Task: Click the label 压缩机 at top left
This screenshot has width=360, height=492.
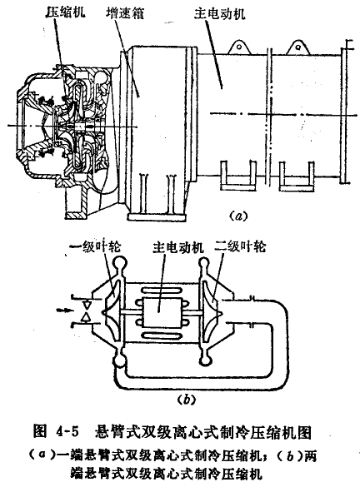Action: pos(65,12)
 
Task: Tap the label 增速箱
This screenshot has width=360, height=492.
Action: pos(125,12)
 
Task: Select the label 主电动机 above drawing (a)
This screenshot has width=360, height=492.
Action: pos(219,13)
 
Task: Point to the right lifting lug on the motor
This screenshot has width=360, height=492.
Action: pos(297,47)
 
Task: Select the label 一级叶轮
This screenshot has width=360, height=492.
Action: pos(96,246)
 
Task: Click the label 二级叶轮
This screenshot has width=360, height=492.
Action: pos(240,246)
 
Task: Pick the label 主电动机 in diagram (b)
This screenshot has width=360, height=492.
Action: pos(178,247)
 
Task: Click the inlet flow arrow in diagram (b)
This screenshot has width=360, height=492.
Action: pos(64,311)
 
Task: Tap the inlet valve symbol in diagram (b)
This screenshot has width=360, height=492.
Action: pos(85,311)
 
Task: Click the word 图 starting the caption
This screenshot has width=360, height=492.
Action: pos(40,432)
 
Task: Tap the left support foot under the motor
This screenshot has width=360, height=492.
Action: pos(238,176)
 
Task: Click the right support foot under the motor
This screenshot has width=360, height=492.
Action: pos(297,176)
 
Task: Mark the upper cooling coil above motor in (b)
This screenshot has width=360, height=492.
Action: pos(162,291)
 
